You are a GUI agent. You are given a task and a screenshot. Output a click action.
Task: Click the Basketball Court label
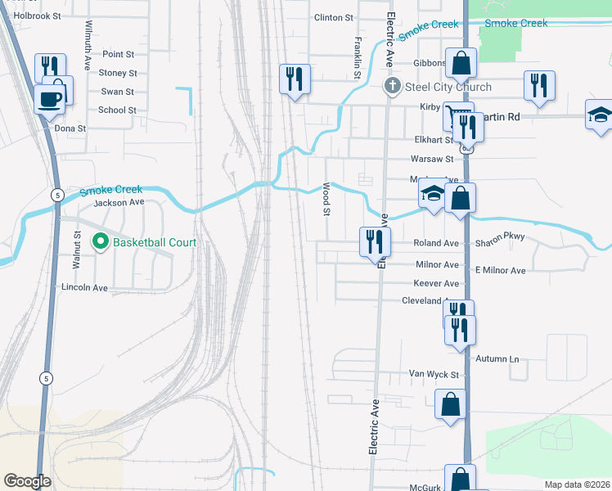[x=155, y=242]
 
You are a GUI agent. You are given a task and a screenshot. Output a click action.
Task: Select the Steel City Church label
[x=451, y=88]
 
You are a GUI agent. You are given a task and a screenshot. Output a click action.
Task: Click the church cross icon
[x=393, y=87]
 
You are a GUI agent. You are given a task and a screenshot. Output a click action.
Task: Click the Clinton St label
[x=333, y=17]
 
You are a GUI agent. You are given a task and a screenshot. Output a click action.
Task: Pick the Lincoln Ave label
[x=84, y=288]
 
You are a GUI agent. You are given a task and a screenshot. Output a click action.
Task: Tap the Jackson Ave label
[x=119, y=202]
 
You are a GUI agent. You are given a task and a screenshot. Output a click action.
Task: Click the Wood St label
[x=326, y=199]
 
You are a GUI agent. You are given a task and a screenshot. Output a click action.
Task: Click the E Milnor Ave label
[x=500, y=270]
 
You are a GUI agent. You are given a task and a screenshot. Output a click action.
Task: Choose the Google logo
[x=27, y=481]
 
